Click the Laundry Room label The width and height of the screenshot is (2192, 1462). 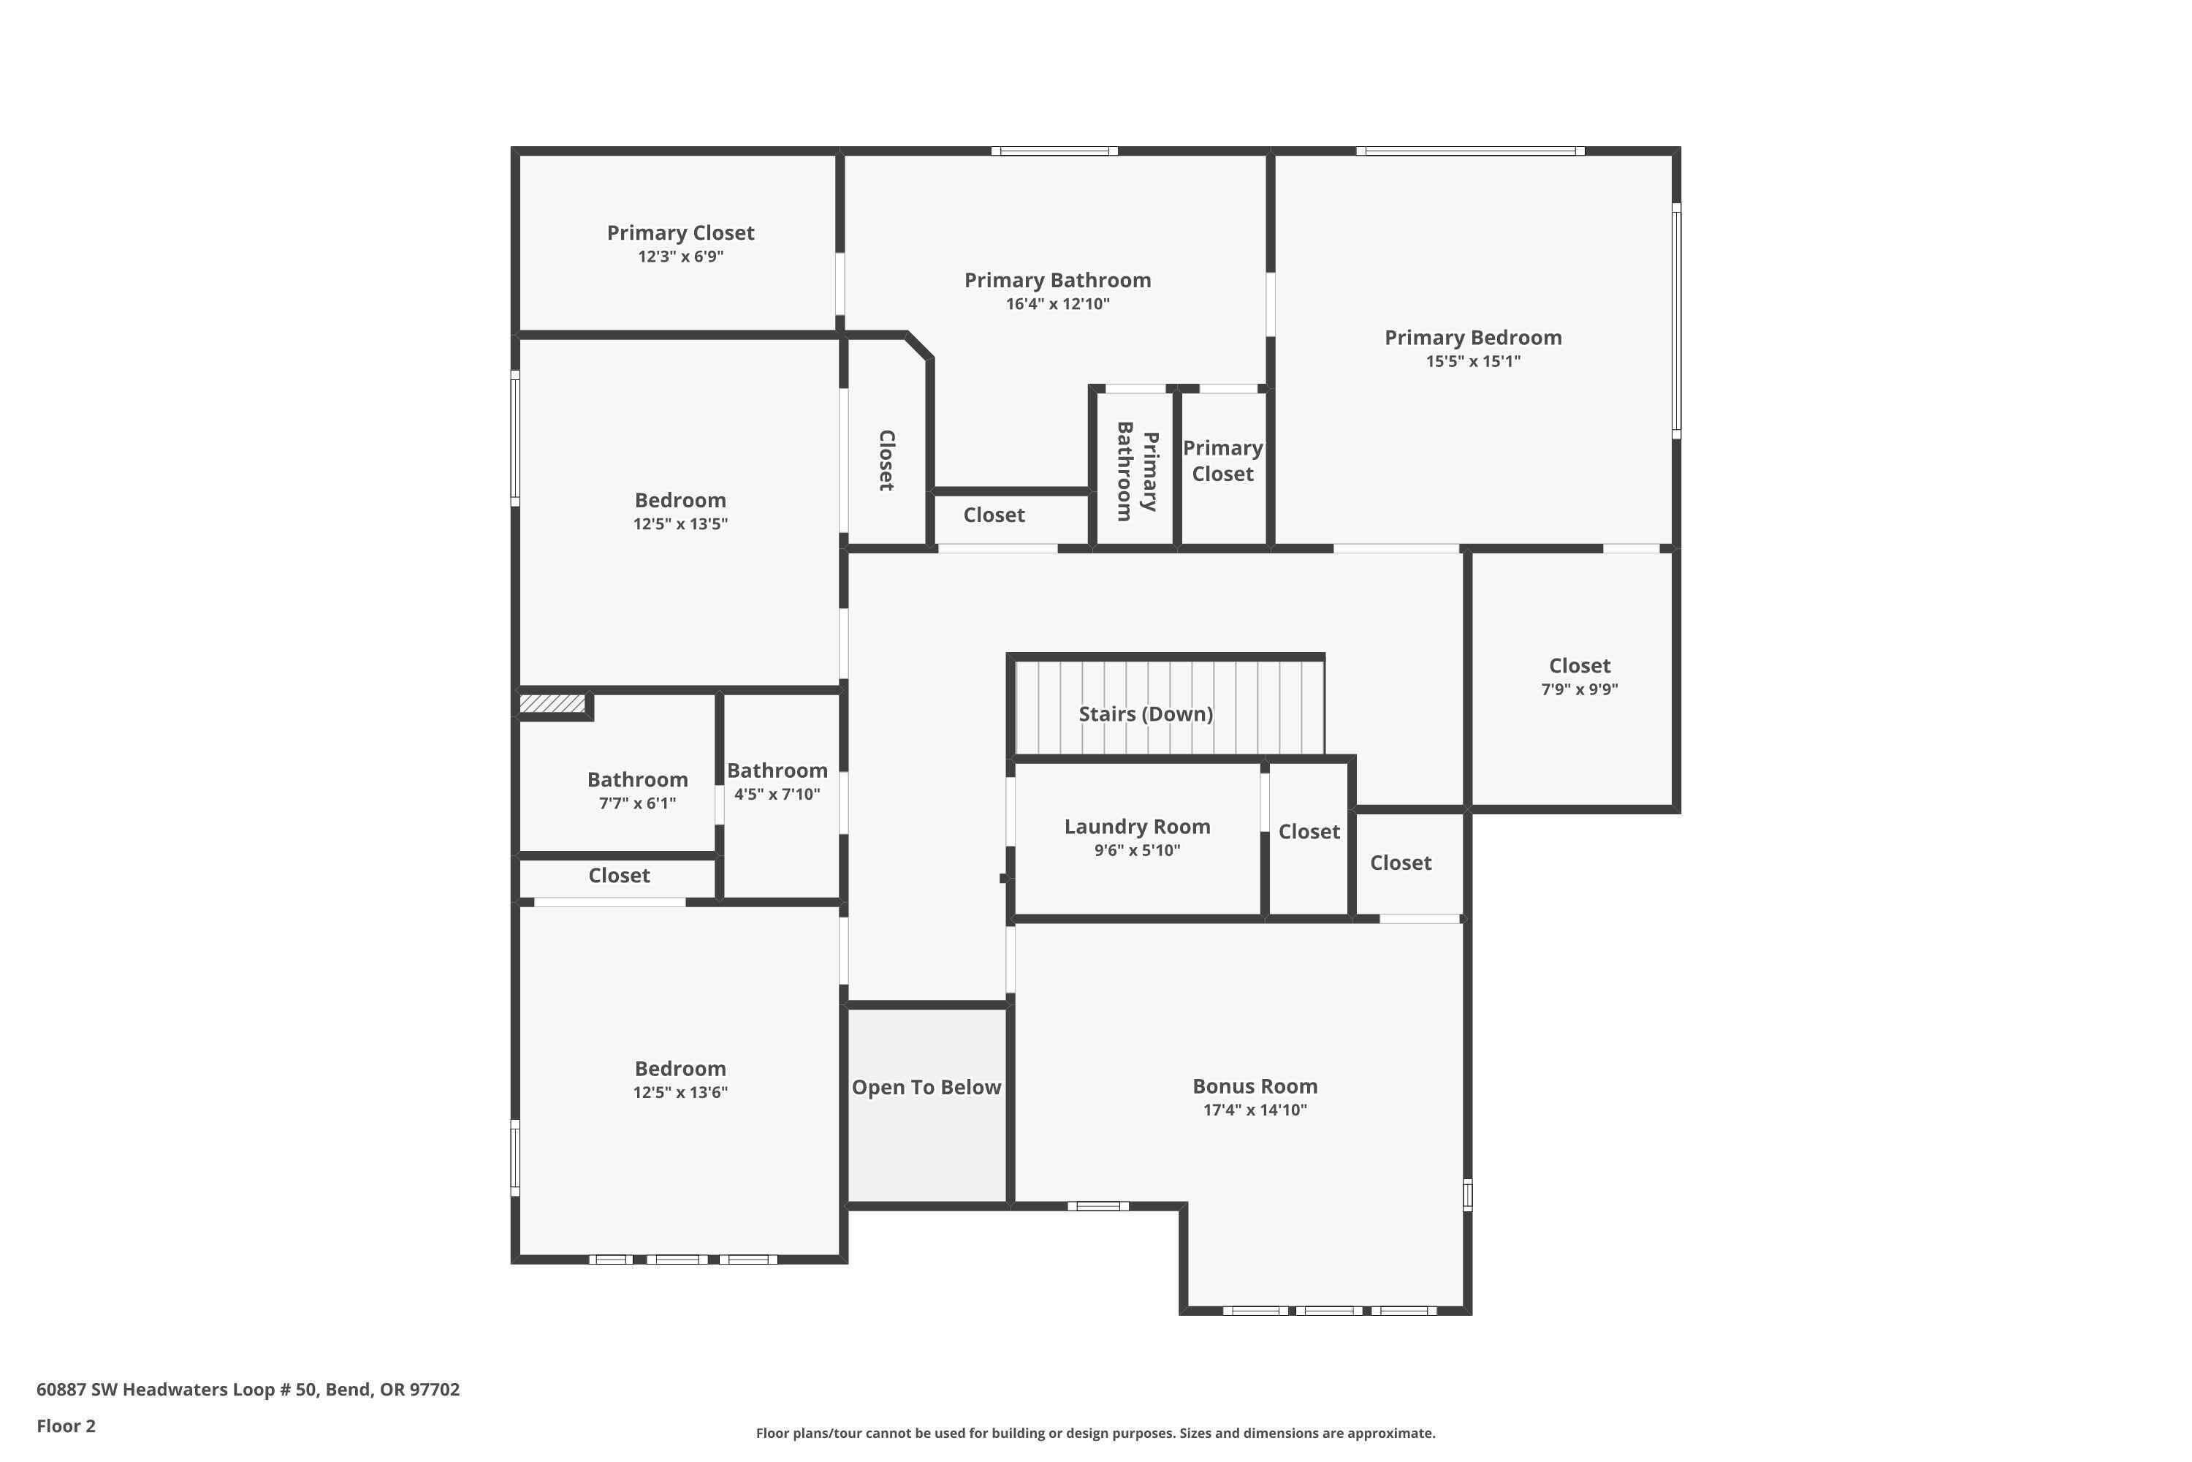[1137, 827]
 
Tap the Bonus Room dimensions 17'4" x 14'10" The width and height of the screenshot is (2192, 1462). [1255, 1110]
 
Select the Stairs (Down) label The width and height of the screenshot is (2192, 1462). [1146, 714]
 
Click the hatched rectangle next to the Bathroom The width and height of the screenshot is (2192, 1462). [552, 703]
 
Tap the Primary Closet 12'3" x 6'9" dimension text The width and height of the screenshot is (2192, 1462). [680, 257]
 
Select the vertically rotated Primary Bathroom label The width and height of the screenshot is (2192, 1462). [1137, 471]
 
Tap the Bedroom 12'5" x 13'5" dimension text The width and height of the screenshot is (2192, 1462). [680, 524]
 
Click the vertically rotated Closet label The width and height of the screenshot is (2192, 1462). [886, 460]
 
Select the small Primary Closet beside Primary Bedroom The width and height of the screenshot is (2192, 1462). [1222, 461]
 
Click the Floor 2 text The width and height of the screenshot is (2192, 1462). [66, 1425]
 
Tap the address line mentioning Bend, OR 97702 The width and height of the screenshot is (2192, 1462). [248, 1390]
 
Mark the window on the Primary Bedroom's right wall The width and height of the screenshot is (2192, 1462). [1675, 320]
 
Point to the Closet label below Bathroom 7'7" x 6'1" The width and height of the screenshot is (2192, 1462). [619, 876]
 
